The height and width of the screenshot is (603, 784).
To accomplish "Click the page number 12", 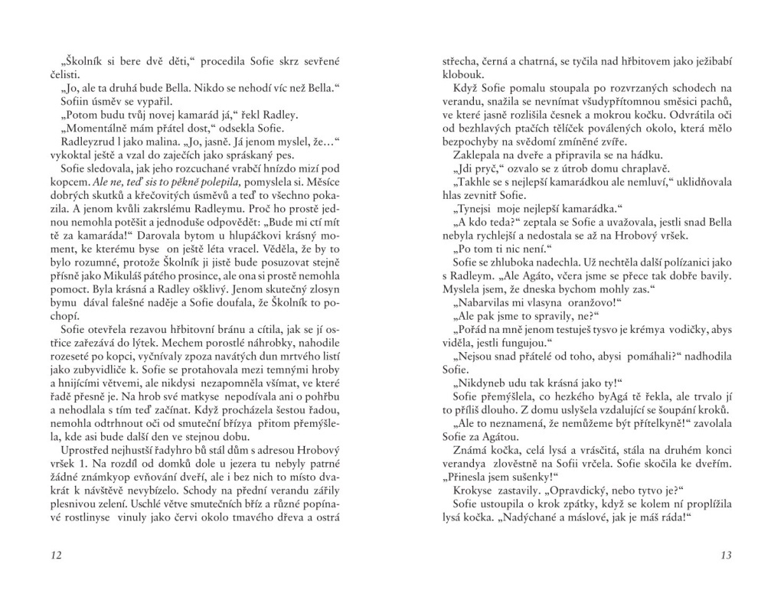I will (x=54, y=555).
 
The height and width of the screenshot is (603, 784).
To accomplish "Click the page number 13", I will (x=727, y=555).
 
